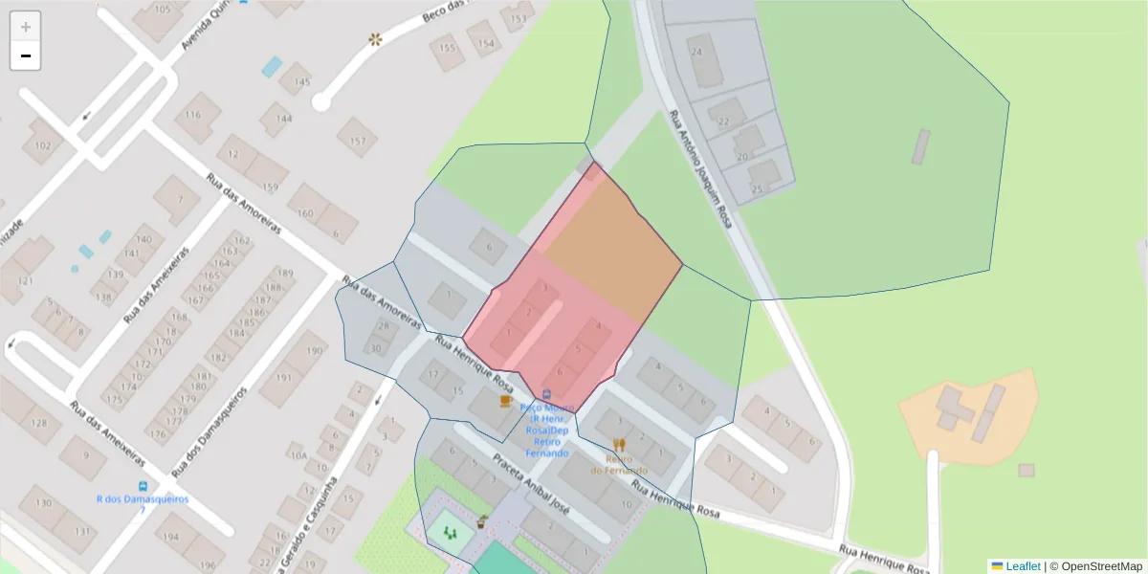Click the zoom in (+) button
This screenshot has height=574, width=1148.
pyautogui.click(x=25, y=27)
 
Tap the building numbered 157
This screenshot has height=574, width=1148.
pyautogui.click(x=357, y=140)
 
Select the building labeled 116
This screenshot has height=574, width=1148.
pyautogui.click(x=195, y=116)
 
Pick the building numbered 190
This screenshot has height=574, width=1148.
pyautogui.click(x=313, y=351)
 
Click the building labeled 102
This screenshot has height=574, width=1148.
pyautogui.click(x=42, y=145)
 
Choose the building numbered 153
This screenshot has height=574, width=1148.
pyautogui.click(x=518, y=18)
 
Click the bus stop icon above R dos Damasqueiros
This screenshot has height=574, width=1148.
pyautogui.click(x=143, y=486)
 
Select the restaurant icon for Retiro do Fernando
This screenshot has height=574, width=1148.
pyautogui.click(x=619, y=445)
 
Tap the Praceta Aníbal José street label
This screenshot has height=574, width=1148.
pyautogui.click(x=531, y=484)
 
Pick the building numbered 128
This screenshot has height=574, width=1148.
pyautogui.click(x=38, y=423)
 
